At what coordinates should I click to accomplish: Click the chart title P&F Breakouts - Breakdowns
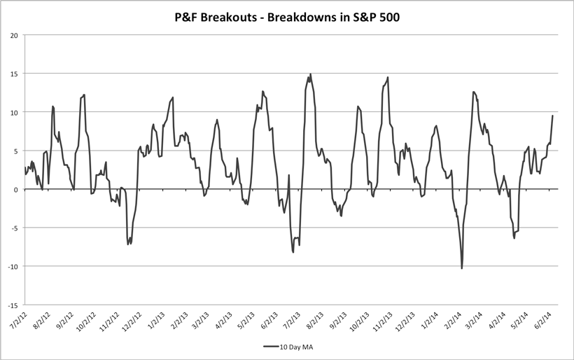[287, 15]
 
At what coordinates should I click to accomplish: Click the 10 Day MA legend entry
[293, 346]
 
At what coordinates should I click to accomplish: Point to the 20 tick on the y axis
[14, 35]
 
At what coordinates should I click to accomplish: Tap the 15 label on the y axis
[14, 74]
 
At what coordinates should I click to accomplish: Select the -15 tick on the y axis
[13, 305]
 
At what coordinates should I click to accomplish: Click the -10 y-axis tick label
[13, 266]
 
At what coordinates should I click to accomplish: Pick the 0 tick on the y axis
[16, 189]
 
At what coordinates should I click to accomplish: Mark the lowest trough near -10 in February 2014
[462, 268]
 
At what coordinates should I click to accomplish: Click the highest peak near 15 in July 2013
[310, 74]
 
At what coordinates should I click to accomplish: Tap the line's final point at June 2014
[553, 116]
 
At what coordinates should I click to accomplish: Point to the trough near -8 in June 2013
[293, 251]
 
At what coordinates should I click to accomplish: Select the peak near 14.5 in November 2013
[387, 78]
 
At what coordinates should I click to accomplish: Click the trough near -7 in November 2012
[128, 244]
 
